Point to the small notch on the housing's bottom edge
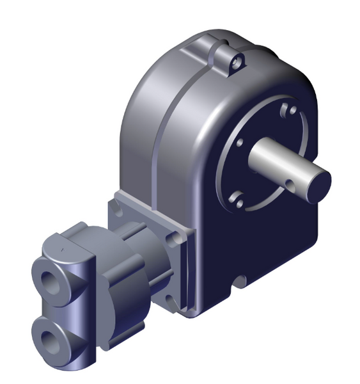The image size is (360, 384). pyautogui.click(x=241, y=280)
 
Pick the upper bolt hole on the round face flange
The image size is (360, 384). pyautogui.click(x=292, y=110)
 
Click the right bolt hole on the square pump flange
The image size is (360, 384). pyautogui.click(x=173, y=240)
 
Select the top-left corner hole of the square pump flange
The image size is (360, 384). pyautogui.click(x=116, y=205)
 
